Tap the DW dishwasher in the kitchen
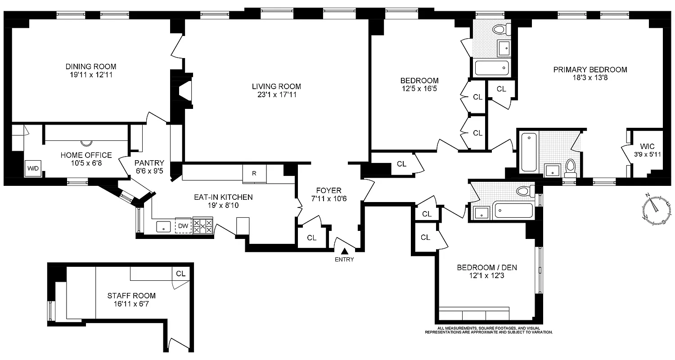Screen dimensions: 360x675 183,226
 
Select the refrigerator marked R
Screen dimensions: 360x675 254,173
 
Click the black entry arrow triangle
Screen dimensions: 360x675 345,251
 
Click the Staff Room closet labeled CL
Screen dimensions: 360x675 181,273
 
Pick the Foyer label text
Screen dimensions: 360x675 328,190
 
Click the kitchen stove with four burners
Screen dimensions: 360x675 203,226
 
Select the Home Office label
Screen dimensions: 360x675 86,155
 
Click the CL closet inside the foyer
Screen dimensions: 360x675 311,238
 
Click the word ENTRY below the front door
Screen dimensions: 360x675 344,259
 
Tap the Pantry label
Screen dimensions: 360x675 149,163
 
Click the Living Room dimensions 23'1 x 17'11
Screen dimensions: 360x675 276,94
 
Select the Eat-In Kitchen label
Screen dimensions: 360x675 223,197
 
